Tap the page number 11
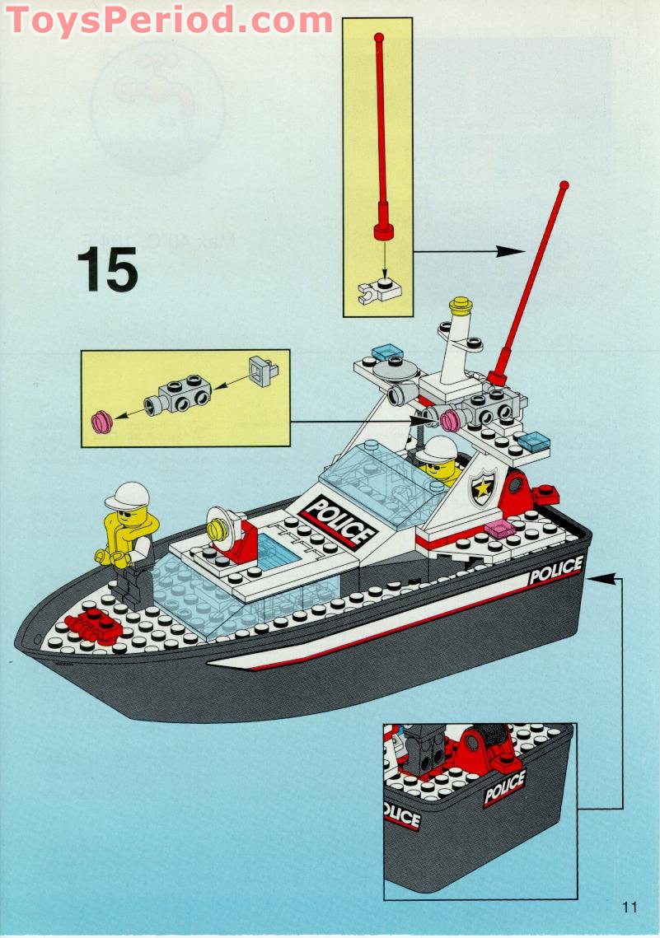coord(630,908)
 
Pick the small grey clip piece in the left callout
coord(261,371)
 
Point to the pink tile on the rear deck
coord(499,528)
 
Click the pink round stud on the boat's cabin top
coord(450,422)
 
